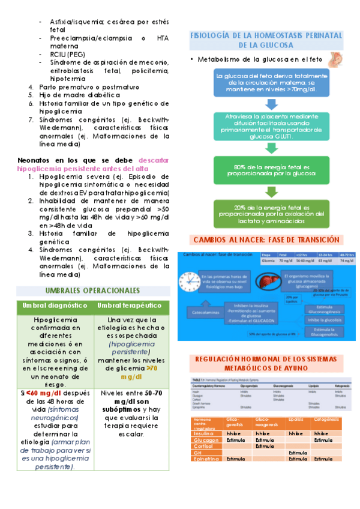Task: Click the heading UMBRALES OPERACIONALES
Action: (92, 291)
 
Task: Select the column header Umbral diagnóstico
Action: (51, 306)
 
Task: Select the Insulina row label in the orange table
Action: (204, 433)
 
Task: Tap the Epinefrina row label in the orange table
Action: (206, 459)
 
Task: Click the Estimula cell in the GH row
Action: (298, 453)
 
